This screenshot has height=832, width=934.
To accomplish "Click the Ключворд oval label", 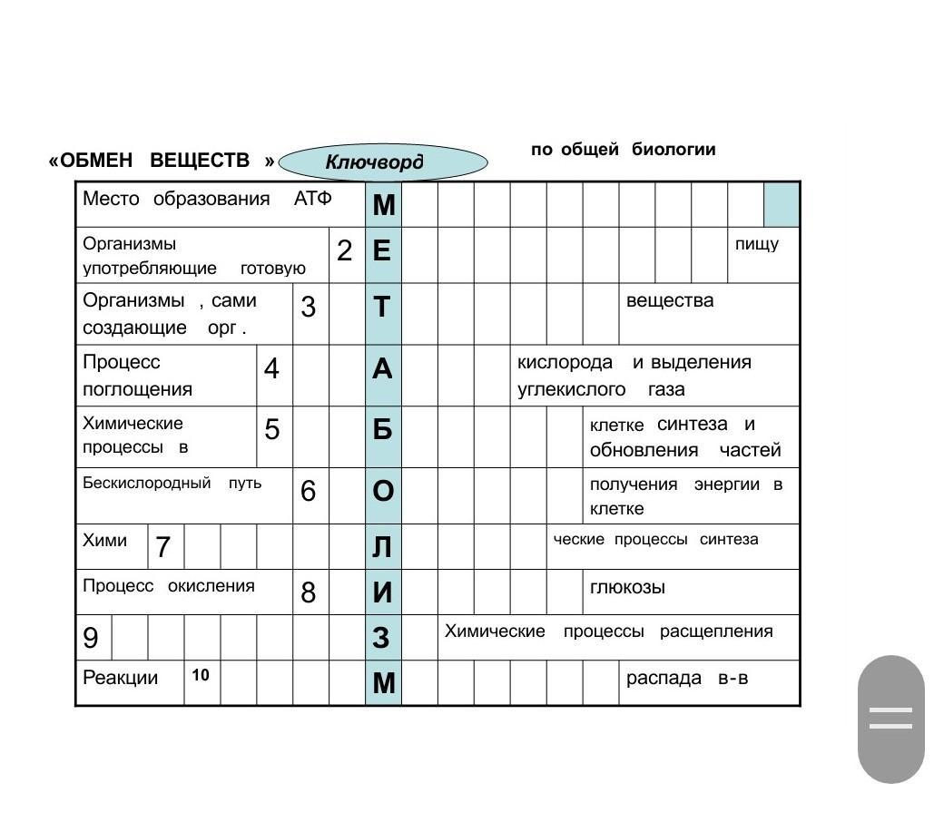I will [382, 163].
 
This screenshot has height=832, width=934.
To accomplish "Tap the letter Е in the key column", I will [382, 250].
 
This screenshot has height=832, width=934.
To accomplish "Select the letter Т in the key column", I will [382, 308].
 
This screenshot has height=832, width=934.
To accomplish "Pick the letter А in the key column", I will [382, 368].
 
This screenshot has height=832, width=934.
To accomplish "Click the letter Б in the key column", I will [382, 429].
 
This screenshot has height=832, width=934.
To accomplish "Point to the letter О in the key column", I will [382, 491].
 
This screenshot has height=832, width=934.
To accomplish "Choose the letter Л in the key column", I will [382, 547].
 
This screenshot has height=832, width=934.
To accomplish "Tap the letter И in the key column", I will [382, 592].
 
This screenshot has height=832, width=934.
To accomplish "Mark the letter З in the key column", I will [382, 638].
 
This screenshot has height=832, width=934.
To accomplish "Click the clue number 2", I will [344, 251].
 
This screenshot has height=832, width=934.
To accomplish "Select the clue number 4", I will [271, 369].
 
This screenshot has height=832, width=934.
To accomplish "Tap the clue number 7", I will [162, 547].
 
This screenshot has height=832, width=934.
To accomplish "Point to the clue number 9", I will [91, 638].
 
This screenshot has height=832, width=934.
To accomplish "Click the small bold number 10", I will [201, 675].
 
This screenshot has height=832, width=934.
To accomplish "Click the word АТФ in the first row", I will [313, 199].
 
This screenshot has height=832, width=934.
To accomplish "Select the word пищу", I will [756, 244].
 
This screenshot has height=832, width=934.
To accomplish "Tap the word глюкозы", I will [627, 587].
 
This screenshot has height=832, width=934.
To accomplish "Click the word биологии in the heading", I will [673, 150].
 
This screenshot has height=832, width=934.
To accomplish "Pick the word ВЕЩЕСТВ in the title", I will [199, 161].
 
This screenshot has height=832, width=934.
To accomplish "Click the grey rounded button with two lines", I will [890, 719].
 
